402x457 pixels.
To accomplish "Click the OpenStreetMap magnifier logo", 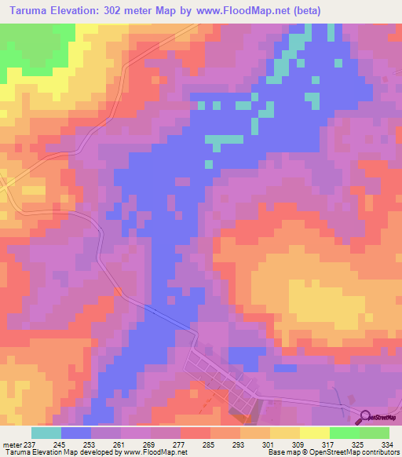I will point(364,416).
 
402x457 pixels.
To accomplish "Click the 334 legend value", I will point(385,444).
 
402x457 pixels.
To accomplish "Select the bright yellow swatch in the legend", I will point(315,433).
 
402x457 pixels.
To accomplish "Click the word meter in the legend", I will point(12,444).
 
